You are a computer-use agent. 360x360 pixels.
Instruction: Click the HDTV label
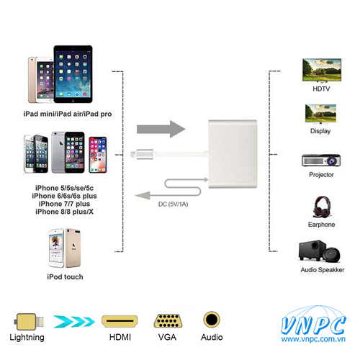(321, 89)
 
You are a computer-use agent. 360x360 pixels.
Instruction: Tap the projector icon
(321, 160)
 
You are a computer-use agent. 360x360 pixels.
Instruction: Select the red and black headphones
(322, 207)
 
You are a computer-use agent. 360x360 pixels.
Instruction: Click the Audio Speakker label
(323, 270)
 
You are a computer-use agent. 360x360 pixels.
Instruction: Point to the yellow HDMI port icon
(120, 321)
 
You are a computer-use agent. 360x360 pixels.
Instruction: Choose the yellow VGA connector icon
(168, 320)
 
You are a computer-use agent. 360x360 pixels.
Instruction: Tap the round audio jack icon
(212, 320)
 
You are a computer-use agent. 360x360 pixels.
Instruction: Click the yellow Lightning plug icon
(29, 322)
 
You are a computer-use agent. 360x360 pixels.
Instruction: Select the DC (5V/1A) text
(173, 204)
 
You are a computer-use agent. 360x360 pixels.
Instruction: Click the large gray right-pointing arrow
(161, 129)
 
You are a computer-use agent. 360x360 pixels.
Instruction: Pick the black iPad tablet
(73, 74)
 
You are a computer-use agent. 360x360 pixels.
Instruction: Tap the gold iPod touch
(73, 248)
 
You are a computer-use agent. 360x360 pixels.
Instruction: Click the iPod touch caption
(65, 276)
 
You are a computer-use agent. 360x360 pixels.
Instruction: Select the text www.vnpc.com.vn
(313, 339)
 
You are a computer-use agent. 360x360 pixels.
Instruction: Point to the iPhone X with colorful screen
(98, 155)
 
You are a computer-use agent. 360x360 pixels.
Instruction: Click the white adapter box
(233, 154)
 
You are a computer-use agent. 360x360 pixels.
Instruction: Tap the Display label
(320, 131)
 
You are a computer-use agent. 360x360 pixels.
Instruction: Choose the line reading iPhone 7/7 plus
(64, 204)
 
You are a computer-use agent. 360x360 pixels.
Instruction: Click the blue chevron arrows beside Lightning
(74, 322)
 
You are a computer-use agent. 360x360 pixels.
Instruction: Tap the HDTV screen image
(322, 70)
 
